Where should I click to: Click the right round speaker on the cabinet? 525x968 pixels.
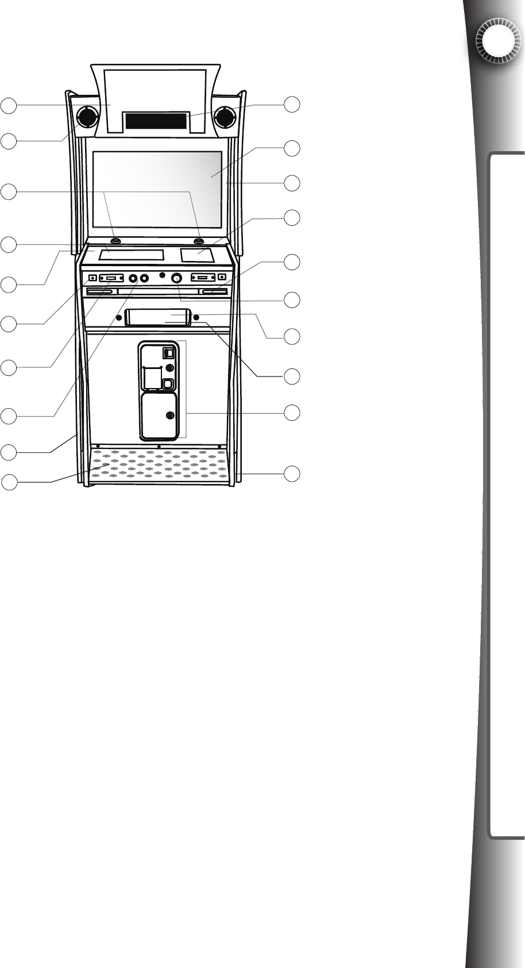223,117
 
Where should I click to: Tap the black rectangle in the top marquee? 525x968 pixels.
156,121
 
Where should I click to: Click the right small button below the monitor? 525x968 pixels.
199,240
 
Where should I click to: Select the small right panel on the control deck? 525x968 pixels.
197,253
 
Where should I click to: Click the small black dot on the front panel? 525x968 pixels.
163,274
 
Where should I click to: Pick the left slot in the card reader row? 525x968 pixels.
100,293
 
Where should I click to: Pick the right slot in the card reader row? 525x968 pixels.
213,293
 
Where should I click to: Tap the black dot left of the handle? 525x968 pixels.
119,317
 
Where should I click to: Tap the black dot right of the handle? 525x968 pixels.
196,317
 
